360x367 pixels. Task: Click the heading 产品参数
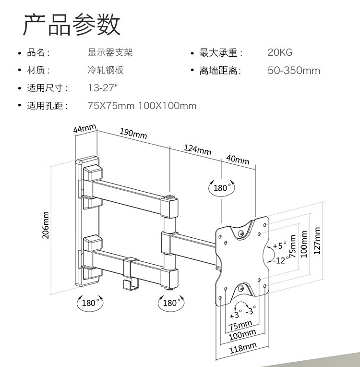tap(72, 24)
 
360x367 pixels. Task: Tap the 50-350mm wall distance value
tap(294, 71)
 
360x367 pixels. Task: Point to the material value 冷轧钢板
tap(106, 71)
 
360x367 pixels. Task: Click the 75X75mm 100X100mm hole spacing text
tap(142, 106)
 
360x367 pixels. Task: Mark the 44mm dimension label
tap(85, 129)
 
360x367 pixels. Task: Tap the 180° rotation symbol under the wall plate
tap(90, 303)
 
